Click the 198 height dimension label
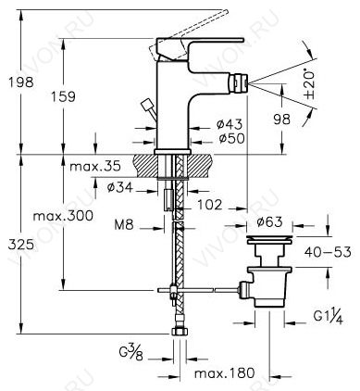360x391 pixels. pos(21,82)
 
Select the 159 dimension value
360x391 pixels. pos(63,97)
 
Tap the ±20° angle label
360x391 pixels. pos(308,84)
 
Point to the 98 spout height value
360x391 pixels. pos(282,120)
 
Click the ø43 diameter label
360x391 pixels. pos(230,124)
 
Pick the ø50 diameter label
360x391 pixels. pos(231,138)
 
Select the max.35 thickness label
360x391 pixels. pos(95,167)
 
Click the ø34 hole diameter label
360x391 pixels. pos(120,187)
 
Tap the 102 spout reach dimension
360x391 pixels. pos(210,205)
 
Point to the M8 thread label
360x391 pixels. pos(124,225)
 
